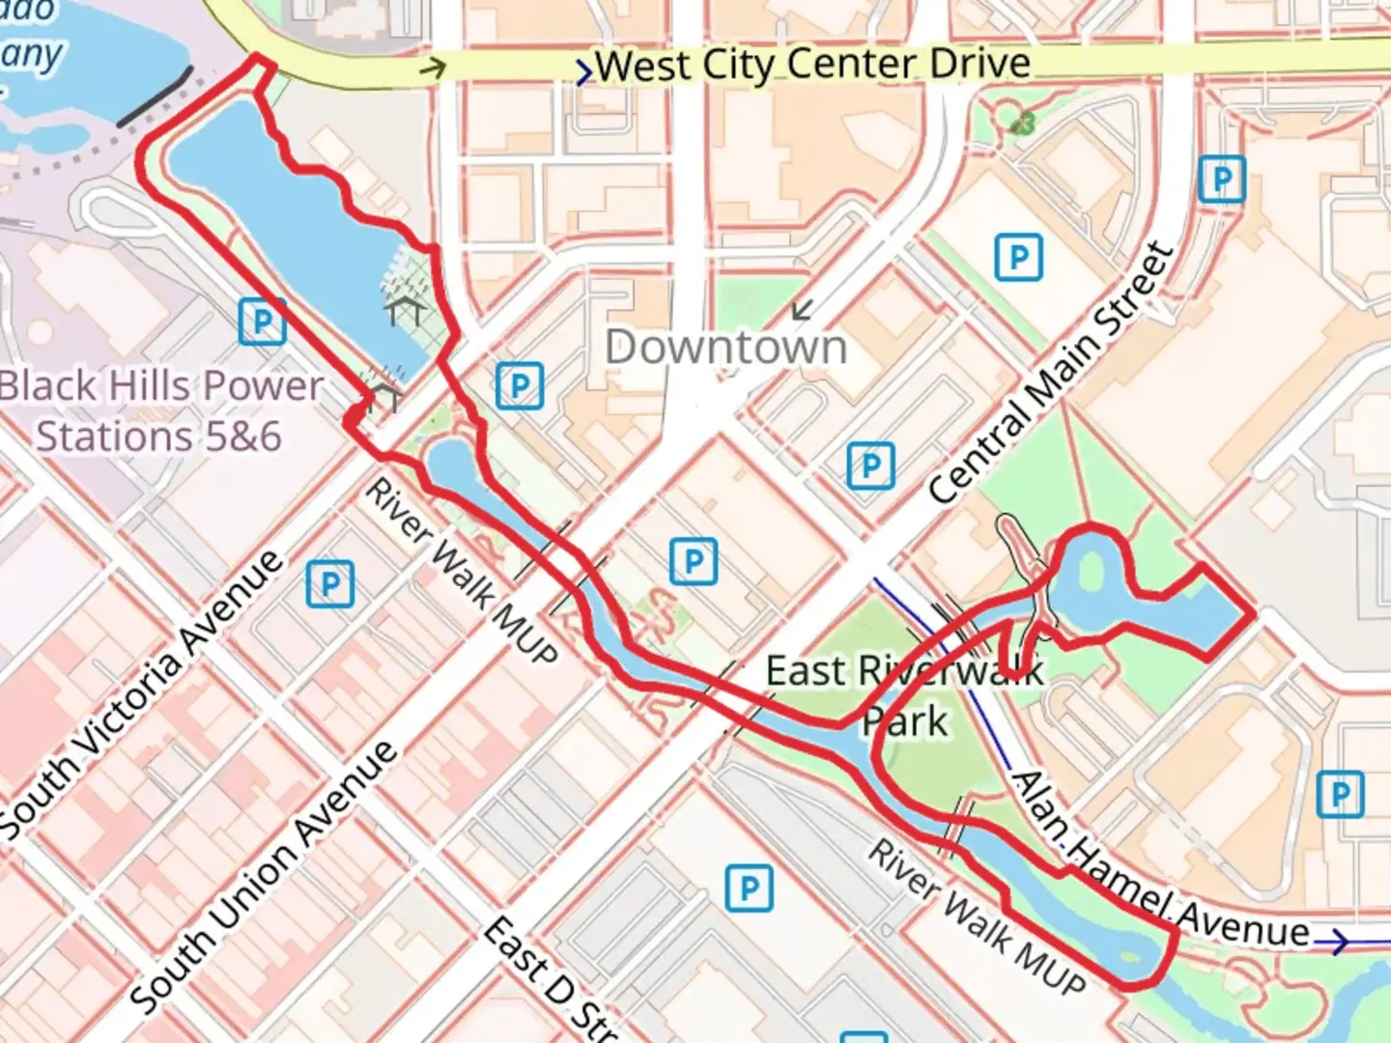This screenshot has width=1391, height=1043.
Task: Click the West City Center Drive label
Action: [812, 66]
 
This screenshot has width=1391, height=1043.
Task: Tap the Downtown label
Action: [725, 347]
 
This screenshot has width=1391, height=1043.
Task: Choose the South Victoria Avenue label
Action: [143, 693]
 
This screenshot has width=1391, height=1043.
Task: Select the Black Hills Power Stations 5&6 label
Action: [160, 410]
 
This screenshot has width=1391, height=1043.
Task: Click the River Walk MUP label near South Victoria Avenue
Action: [461, 571]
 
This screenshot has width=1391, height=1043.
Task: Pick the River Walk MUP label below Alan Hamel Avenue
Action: [977, 918]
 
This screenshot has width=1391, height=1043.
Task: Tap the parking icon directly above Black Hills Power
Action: [262, 322]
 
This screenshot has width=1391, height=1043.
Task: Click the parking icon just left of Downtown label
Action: [520, 386]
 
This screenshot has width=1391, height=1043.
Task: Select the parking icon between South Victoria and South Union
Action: [330, 584]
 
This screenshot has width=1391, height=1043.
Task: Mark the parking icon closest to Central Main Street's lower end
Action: [870, 466]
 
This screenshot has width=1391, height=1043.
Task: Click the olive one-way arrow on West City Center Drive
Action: [435, 68]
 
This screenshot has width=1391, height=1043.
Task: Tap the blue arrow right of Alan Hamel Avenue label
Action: [1337, 942]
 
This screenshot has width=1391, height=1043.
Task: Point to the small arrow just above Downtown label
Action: [802, 310]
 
